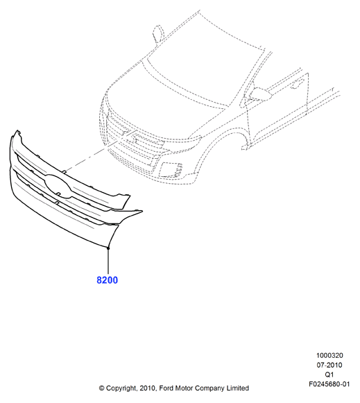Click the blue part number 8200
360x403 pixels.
[107, 280]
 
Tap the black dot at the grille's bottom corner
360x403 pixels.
[108, 248]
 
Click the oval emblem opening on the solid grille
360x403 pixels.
[58, 186]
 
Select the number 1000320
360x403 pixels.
[329, 355]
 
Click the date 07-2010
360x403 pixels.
[329, 365]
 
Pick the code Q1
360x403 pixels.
[329, 375]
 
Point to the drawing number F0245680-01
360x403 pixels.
[329, 384]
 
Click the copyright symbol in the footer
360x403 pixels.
[102, 388]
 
